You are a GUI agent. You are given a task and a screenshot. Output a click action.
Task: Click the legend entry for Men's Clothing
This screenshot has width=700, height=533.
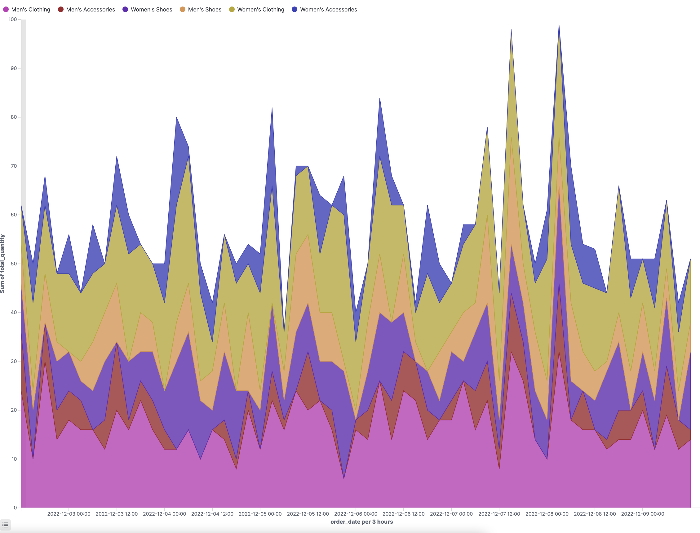pos(27,10)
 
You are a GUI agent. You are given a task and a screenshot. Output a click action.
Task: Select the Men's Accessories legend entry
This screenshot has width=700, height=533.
pos(86,10)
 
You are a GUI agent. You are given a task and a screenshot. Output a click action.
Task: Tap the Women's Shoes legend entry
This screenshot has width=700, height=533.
pos(148,10)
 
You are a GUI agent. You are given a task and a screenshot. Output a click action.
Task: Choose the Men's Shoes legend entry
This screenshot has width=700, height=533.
pos(201,10)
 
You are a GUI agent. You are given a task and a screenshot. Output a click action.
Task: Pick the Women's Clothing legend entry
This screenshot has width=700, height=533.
pos(257,10)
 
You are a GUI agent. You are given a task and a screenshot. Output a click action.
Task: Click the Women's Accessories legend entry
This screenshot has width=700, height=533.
pos(325,10)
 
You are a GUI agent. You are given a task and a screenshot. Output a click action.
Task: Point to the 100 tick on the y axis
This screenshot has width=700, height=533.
pos(13,19)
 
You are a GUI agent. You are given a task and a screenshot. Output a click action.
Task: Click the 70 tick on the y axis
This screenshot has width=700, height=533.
pos(14,166)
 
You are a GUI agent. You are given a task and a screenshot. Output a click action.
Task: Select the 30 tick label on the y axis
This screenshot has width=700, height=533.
pos(14,361)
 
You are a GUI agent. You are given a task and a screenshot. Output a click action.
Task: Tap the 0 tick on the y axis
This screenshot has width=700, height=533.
pos(15,508)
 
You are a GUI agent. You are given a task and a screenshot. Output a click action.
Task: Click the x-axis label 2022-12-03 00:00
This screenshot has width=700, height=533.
pos(69,514)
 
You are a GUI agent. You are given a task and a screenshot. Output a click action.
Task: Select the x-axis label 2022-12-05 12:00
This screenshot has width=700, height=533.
pos(308,514)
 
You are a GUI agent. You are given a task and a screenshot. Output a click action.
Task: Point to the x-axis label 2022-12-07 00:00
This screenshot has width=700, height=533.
pos(451,514)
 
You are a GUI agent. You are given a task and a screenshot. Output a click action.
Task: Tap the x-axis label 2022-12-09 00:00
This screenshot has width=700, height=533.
pos(642,514)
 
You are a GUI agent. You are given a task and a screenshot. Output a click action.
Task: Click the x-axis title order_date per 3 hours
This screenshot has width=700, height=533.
pos(361,522)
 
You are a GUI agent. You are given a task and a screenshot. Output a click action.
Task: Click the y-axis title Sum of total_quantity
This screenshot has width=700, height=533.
pos(3,263)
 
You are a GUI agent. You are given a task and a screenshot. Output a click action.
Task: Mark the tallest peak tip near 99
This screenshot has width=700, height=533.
pos(559,25)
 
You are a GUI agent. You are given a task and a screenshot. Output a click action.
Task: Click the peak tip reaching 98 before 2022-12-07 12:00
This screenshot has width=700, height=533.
pos(511,29)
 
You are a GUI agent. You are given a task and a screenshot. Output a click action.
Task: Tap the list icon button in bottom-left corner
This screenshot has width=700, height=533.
pos(5,525)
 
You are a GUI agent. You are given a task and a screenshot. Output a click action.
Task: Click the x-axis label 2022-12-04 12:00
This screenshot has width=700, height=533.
pos(212,514)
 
